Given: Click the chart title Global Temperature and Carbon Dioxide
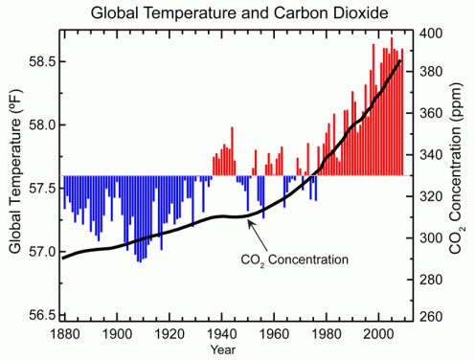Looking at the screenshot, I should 237,11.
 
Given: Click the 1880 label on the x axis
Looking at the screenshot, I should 63,336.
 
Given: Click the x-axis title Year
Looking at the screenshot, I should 231,350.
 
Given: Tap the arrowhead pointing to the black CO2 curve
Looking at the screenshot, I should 248,221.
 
